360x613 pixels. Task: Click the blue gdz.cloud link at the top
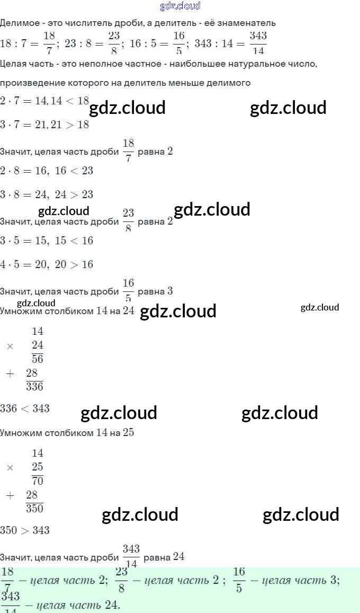coord(180,6)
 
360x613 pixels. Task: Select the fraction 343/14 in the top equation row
coord(258,43)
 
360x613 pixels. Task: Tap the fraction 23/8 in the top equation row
coord(114,43)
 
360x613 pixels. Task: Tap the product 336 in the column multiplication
coord(34,387)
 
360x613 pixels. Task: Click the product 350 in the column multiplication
coord(34,509)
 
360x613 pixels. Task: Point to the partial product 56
coord(37,359)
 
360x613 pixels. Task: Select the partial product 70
coord(37,481)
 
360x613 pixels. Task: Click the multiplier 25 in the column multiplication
coord(37,467)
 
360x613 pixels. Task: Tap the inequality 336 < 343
coord(25,408)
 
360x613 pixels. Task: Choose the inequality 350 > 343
coord(25,530)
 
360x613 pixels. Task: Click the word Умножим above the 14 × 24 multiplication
coord(20,310)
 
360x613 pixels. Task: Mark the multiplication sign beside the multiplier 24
coord(10,346)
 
